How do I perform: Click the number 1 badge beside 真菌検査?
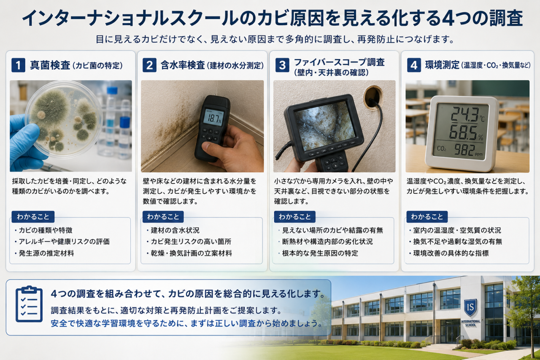pos(18,65)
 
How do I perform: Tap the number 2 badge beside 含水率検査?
pos(149,65)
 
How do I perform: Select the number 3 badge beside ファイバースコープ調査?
pos(282,65)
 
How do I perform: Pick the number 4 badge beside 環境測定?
pos(414,65)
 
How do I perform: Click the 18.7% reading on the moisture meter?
pos(214,119)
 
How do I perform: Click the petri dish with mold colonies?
pos(64,119)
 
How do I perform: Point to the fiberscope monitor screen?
pos(325,125)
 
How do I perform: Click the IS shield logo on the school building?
pos(470,307)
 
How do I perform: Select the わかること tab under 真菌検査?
pos(33,217)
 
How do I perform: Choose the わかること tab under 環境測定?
pos(427,217)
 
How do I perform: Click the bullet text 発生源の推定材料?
pos(46,253)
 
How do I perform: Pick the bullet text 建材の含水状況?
pos(175,230)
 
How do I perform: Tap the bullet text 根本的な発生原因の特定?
pos(320,253)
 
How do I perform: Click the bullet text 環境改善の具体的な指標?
pos(451,253)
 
